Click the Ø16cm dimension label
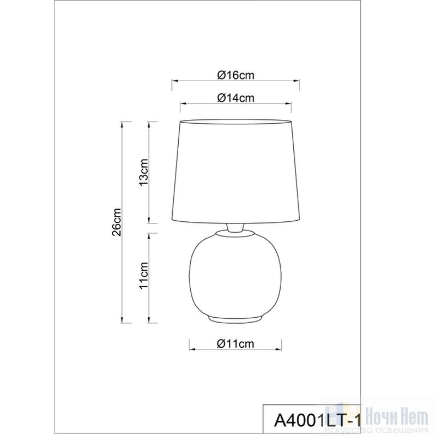(x=235, y=75)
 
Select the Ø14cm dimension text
(x=235, y=98)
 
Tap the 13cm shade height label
(x=143, y=173)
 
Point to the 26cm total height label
(x=117, y=222)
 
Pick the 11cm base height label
(x=143, y=276)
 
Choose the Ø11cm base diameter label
(x=235, y=344)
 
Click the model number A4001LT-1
(x=318, y=420)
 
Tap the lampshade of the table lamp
(x=235, y=172)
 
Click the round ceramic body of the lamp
(x=235, y=274)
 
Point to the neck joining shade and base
(x=235, y=228)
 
